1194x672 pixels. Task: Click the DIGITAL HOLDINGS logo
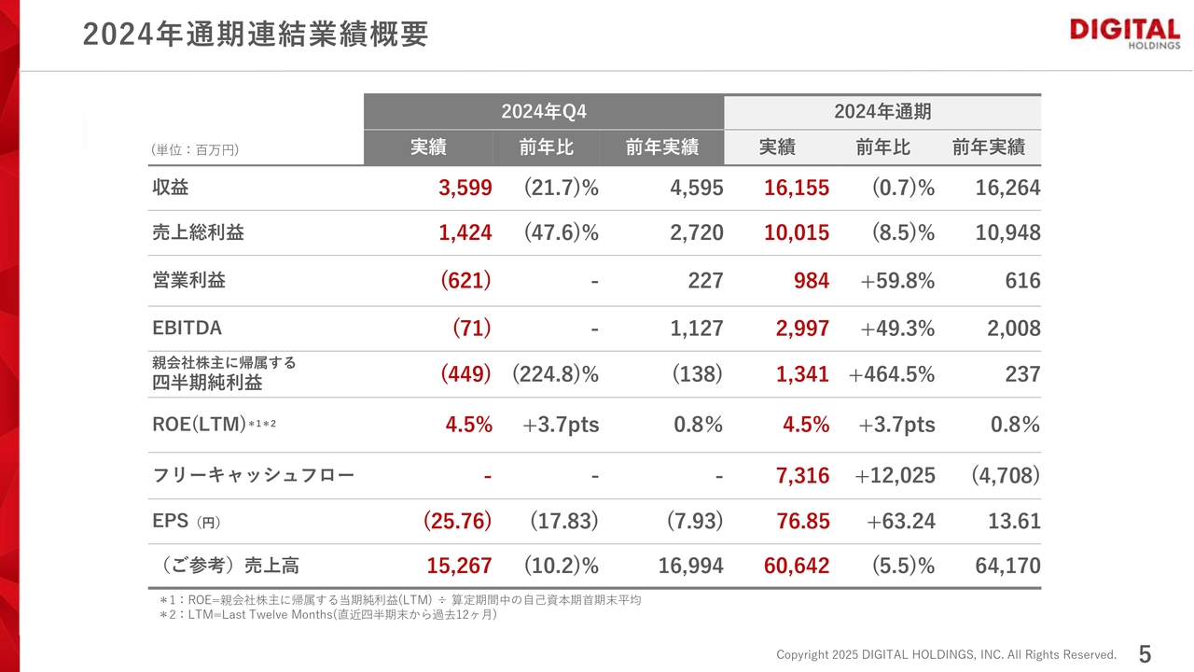pos(1124,33)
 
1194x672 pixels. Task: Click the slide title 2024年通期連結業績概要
pos(256,35)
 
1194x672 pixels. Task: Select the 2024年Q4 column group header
pos(544,112)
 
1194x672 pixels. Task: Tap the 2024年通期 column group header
pos(882,112)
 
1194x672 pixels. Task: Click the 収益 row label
pos(171,188)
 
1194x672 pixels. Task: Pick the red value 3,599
pos(465,189)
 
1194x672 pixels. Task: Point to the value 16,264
pos(1007,189)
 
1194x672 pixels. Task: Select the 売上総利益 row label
pos(198,233)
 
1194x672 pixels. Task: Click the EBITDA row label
pos(187,329)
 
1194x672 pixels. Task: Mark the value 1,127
pos(696,329)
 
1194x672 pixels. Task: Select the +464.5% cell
pos(891,374)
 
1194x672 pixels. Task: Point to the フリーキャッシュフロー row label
pos(254,476)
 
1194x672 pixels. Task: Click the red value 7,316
pos(802,476)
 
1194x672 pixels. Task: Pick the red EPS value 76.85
pos(802,521)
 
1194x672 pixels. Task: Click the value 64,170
pos(1007,566)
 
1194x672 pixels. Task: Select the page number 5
pos(1145,654)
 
